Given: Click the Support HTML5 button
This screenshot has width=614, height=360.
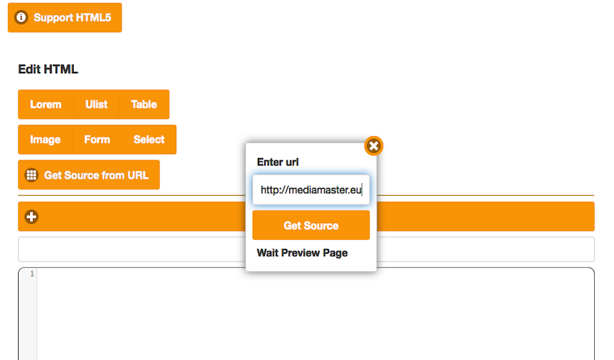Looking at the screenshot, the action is click(65, 17).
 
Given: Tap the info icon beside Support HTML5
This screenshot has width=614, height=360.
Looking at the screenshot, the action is click(21, 17).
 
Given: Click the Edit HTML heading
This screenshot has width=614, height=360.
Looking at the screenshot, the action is click(48, 70).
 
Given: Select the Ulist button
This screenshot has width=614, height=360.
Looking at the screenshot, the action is click(97, 104).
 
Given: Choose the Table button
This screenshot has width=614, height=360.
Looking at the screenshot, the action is click(144, 104).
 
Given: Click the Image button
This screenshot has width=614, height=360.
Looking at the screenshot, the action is click(46, 139).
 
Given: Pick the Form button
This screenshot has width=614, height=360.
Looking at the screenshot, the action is click(97, 139).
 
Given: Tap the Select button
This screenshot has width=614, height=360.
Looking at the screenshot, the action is click(149, 139).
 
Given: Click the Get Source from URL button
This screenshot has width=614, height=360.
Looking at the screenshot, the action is click(89, 175).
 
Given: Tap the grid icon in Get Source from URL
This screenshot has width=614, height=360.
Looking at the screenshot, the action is click(32, 175).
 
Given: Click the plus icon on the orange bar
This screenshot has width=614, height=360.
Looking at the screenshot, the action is click(32, 217).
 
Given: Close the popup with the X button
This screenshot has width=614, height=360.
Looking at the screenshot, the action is click(374, 146).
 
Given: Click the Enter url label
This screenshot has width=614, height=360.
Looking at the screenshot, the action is click(278, 162).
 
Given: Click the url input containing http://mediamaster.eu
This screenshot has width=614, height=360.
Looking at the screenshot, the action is click(311, 190).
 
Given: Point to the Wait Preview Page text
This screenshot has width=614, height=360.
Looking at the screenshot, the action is click(302, 253).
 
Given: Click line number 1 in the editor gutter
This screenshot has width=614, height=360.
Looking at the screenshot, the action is click(32, 274).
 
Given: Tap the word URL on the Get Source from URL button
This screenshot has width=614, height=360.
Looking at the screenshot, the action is click(138, 175).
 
